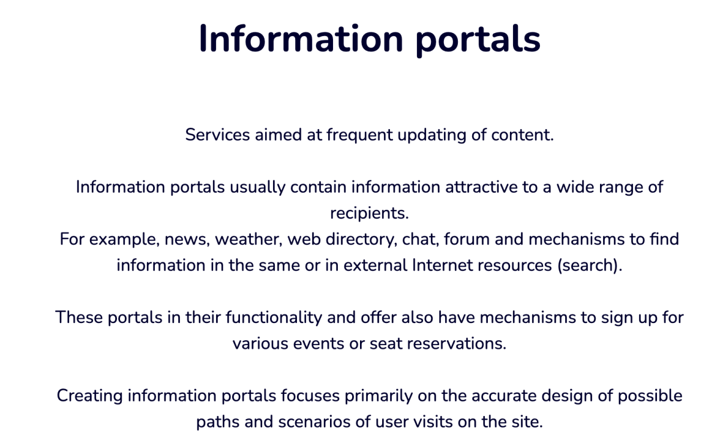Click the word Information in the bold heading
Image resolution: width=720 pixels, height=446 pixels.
(x=301, y=38)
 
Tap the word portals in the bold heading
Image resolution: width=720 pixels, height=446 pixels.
(x=478, y=40)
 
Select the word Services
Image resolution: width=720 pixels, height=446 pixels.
(x=217, y=134)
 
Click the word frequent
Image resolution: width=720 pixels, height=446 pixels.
(x=359, y=134)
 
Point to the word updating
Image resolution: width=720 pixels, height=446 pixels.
(x=432, y=134)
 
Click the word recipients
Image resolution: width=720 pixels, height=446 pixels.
(x=370, y=213)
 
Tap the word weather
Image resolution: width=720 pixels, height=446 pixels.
(x=249, y=240)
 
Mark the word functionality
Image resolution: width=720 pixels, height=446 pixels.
(x=274, y=318)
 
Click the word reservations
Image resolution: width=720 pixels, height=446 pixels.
(x=457, y=343)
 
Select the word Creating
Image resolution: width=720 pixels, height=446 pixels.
(x=89, y=396)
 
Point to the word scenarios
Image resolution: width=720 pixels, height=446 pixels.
(x=314, y=421)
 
